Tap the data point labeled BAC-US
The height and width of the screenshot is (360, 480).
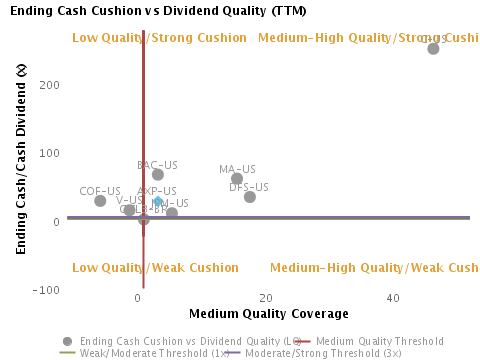[x=158, y=175]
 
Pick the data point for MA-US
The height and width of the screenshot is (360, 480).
[x=237, y=179]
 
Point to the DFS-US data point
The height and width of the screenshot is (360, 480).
[x=250, y=197]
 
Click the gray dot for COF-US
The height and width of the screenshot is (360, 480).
[x=100, y=201]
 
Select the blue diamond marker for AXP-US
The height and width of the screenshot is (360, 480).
[x=158, y=202]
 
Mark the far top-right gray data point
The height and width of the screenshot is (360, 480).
[x=433, y=48]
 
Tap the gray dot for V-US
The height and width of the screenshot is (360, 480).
[x=129, y=211]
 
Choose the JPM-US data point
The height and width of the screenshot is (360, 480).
[x=172, y=213]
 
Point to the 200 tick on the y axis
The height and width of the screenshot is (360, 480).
[x=50, y=85]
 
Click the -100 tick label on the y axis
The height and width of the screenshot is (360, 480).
[x=46, y=290]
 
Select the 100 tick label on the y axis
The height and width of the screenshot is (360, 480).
[x=50, y=153]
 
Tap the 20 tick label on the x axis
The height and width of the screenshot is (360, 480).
[x=265, y=299]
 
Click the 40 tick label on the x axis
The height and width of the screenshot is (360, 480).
[x=393, y=299]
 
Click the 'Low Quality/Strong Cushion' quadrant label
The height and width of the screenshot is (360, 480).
[x=160, y=38]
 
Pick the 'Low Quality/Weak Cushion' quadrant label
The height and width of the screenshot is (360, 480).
[x=156, y=268]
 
